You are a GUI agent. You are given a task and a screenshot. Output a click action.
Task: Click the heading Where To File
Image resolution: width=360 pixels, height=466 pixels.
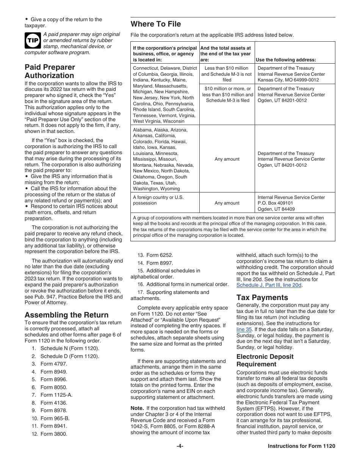click(156, 24)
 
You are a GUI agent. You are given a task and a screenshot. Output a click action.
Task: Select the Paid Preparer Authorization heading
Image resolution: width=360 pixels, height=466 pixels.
click(50, 71)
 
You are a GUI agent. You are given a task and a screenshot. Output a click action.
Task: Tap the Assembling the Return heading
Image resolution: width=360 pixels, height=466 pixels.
click(66, 315)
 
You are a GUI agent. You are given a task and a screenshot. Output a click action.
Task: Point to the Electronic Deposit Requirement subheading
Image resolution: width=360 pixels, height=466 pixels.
click(265, 360)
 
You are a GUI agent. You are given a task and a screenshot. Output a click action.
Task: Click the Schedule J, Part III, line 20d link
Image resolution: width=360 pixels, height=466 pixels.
click(269, 285)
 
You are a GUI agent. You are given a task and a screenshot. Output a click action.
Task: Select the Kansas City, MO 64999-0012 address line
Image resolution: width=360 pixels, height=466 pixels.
click(288, 80)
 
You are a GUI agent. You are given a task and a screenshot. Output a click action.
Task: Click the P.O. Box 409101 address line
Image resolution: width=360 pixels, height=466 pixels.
click(275, 203)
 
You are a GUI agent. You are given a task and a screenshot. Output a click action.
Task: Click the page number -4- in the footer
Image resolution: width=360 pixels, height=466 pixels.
click(180, 446)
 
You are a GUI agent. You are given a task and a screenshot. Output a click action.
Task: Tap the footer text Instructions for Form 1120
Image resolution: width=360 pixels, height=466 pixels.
click(301, 446)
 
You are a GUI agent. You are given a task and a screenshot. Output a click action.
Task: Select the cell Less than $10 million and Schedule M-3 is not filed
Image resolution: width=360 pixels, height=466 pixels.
click(227, 74)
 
